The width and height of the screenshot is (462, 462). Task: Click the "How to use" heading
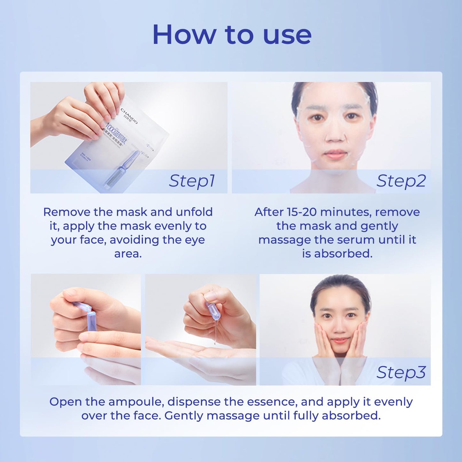pyautogui.click(x=232, y=35)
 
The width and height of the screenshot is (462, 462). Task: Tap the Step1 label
pyautogui.click(x=192, y=181)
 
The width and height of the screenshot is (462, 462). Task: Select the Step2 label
pyautogui.click(x=401, y=181)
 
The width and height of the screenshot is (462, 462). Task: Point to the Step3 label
pyautogui.click(x=401, y=372)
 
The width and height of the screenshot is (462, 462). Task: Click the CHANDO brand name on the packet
pyautogui.click(x=129, y=116)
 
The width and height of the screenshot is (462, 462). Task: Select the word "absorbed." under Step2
pyautogui.click(x=343, y=254)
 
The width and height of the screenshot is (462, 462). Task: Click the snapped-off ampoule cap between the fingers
pyautogui.click(x=82, y=306)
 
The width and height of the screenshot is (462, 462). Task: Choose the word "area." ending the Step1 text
pyautogui.click(x=128, y=254)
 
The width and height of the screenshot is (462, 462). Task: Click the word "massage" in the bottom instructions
pyautogui.click(x=233, y=416)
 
